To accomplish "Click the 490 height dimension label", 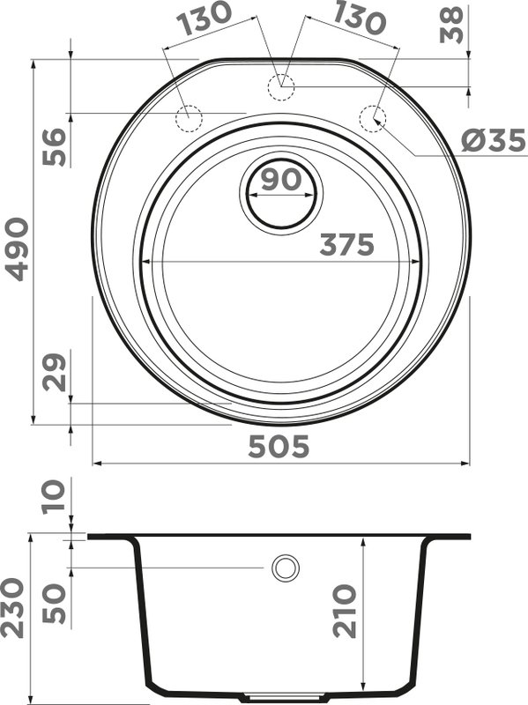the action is (17, 249).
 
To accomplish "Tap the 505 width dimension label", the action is (279, 447).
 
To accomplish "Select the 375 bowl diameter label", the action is (346, 245).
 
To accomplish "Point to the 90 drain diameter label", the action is (281, 179).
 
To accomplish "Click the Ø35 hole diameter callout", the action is (494, 140).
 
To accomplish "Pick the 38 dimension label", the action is (451, 26).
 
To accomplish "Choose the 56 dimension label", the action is (54, 146).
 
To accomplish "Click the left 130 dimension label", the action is (204, 18).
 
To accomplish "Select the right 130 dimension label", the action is (360, 18).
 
